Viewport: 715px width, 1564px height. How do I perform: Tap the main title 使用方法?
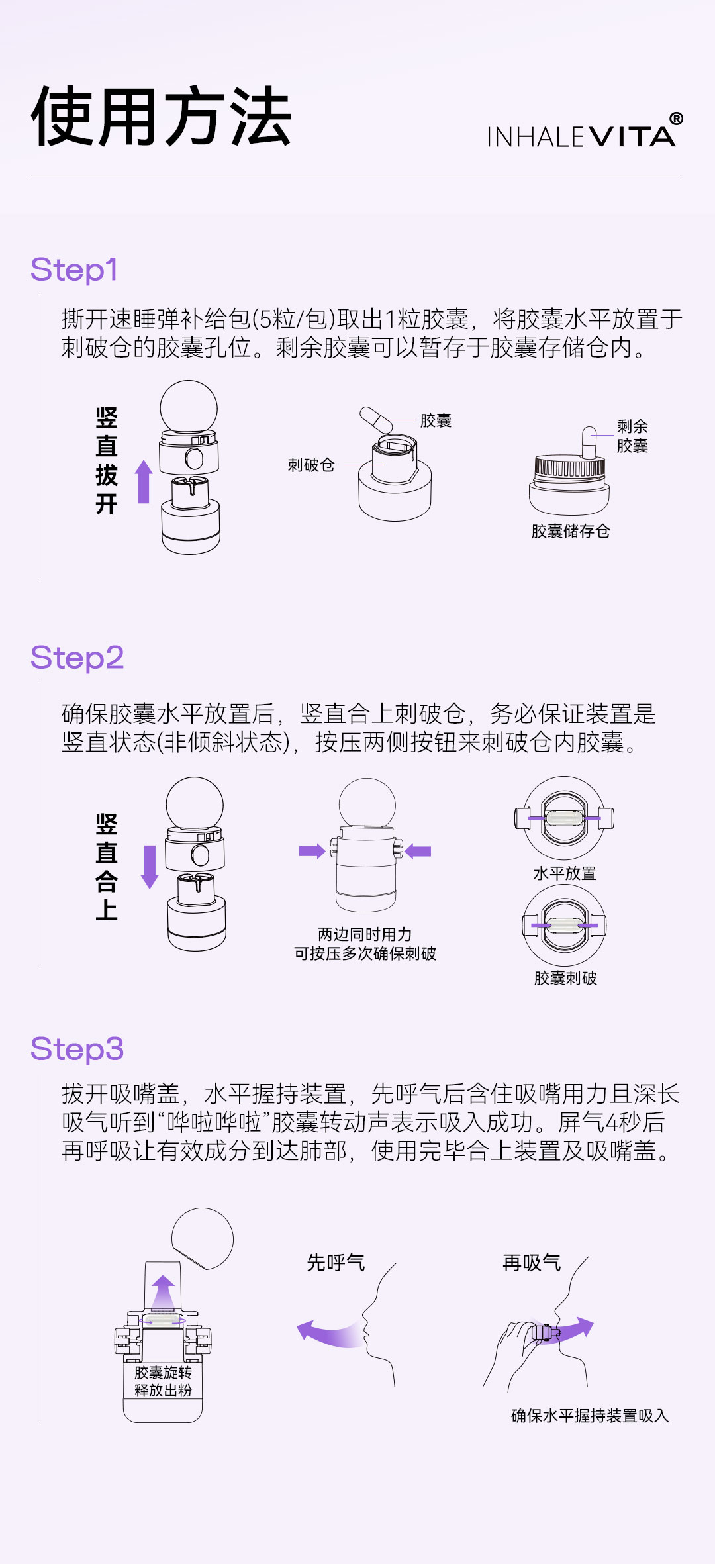tap(161, 117)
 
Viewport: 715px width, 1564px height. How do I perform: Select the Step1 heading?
tap(74, 270)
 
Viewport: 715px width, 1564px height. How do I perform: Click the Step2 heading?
tap(77, 658)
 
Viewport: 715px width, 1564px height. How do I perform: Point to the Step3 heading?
tap(77, 1050)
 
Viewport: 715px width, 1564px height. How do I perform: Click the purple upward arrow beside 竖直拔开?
tap(144, 481)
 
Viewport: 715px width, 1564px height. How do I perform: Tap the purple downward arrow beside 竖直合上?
tap(150, 867)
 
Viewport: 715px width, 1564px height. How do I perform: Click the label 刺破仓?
tap(311, 465)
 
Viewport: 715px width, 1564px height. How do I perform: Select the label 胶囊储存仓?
tap(570, 531)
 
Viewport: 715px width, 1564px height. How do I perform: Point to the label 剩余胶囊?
tap(632, 436)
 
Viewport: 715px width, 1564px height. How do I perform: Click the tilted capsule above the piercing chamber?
tap(376, 420)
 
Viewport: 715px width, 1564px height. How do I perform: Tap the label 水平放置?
tap(565, 873)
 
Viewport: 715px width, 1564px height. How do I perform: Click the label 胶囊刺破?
tap(565, 978)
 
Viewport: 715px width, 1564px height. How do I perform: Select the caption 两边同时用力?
tap(365, 934)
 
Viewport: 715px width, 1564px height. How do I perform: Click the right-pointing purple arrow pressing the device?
tap(312, 851)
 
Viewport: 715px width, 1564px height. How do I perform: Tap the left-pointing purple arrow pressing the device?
tap(418, 851)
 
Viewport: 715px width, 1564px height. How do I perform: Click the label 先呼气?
tap(336, 1263)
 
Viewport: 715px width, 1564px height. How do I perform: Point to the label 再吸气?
tap(532, 1263)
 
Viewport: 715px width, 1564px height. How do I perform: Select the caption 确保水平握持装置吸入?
tap(590, 1416)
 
